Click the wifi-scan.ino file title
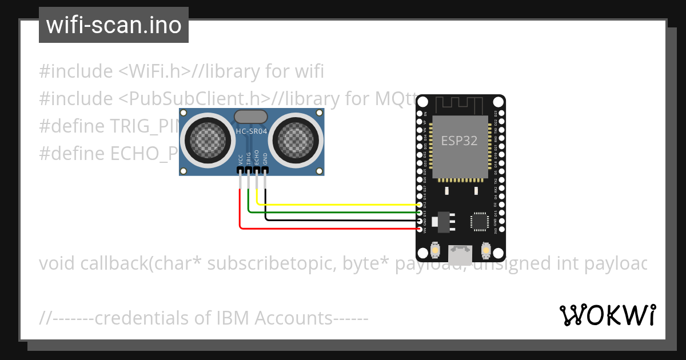coord(113,25)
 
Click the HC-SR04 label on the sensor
coord(251,131)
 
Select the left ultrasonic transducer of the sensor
coord(204,138)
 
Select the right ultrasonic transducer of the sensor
coord(298,138)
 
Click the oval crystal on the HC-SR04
coord(251,117)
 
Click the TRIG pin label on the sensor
coord(249,158)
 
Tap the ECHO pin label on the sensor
coord(257,158)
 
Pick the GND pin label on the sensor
coord(265,159)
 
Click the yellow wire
coord(343,204)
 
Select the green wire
coord(343,212)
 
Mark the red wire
coord(343,229)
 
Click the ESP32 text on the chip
coord(459,141)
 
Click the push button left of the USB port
coord(435,250)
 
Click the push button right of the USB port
coord(486,250)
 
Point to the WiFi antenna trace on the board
coord(460,105)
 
